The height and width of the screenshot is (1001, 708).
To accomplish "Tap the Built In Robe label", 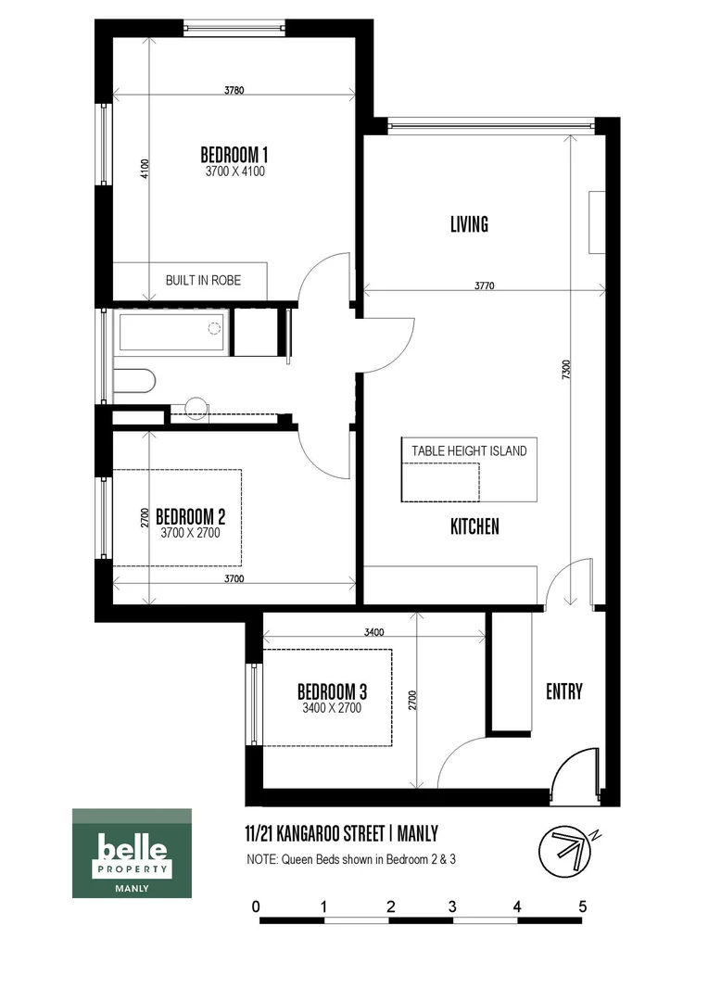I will tap(203, 280).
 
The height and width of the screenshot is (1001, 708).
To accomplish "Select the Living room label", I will tap(469, 224).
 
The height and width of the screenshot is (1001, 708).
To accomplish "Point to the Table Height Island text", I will tap(469, 450).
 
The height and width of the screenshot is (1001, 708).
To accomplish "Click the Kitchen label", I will tap(474, 526).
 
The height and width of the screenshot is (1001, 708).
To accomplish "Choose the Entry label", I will tap(563, 691).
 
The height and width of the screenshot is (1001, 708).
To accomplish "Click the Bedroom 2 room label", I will tap(190, 516).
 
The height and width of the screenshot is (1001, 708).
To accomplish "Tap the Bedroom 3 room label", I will tap(332, 691).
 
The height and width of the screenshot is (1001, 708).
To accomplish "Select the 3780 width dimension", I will tap(234, 90).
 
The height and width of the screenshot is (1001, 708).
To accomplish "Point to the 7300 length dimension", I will tap(579, 368).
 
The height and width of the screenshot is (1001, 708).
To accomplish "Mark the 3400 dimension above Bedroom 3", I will tap(374, 632).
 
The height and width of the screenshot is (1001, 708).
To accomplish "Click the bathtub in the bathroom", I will tap(172, 332).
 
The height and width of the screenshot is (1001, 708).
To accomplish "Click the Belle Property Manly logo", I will tap(132, 853).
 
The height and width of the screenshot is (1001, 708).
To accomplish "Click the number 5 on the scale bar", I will tap(582, 906).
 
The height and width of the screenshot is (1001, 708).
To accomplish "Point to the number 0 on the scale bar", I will tap(256, 906).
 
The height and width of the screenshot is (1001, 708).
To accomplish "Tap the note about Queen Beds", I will tap(351, 859).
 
